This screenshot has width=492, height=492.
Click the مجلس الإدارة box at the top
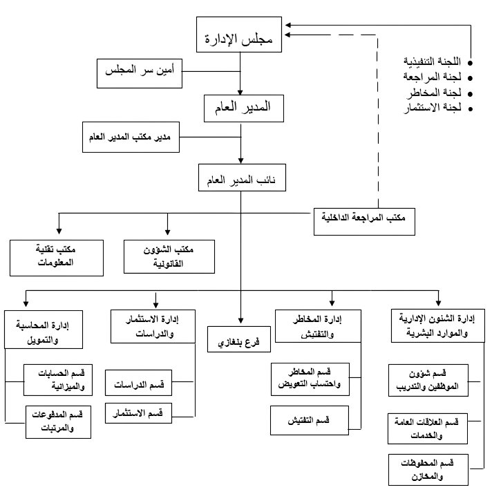pos(239,35)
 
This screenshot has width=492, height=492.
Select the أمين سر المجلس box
pos(140,73)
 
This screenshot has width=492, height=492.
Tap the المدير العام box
pos(244,108)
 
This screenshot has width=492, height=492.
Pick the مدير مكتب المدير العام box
pos(131,137)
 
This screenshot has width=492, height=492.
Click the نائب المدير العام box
pos(242,178)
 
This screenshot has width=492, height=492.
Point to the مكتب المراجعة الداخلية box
pos(364,222)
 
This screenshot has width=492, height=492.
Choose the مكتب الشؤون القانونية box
pos(169,256)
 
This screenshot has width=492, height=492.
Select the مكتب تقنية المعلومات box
pos(57,258)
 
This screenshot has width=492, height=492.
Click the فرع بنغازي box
pos(239,339)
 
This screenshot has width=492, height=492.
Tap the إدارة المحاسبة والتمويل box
pos(44,330)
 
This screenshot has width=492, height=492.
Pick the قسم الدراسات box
pos(138,383)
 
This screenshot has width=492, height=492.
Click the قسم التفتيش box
pos(310,420)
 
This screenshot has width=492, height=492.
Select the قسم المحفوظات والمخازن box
pos(428,470)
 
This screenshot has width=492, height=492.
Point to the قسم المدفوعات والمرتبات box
pos(58,422)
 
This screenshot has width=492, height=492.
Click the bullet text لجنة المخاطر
pos(435,93)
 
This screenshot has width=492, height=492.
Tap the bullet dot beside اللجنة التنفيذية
pos(470,63)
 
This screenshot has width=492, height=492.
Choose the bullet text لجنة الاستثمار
pos(433,108)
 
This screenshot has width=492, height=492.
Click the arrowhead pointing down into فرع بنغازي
pos(240,321)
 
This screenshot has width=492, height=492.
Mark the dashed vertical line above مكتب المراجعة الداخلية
pos(378,122)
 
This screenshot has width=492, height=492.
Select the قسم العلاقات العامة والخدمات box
pos(428,428)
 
